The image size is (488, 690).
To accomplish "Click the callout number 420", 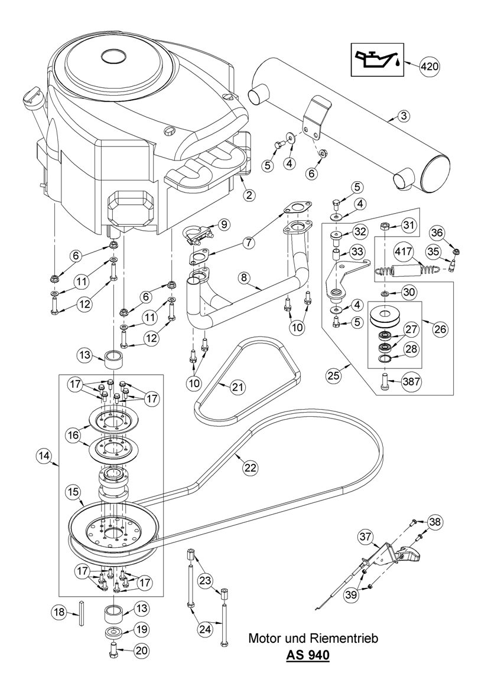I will tap(430, 66).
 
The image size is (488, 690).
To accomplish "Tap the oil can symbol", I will tap(376, 59).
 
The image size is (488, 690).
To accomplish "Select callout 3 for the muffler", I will tap(402, 116).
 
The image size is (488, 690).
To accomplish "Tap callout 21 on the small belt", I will tap(237, 387).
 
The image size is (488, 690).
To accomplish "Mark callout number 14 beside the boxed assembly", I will tap(44, 455).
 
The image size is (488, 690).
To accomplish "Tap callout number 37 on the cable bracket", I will tap(365, 536).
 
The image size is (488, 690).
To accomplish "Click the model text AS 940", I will tap(308, 655).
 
